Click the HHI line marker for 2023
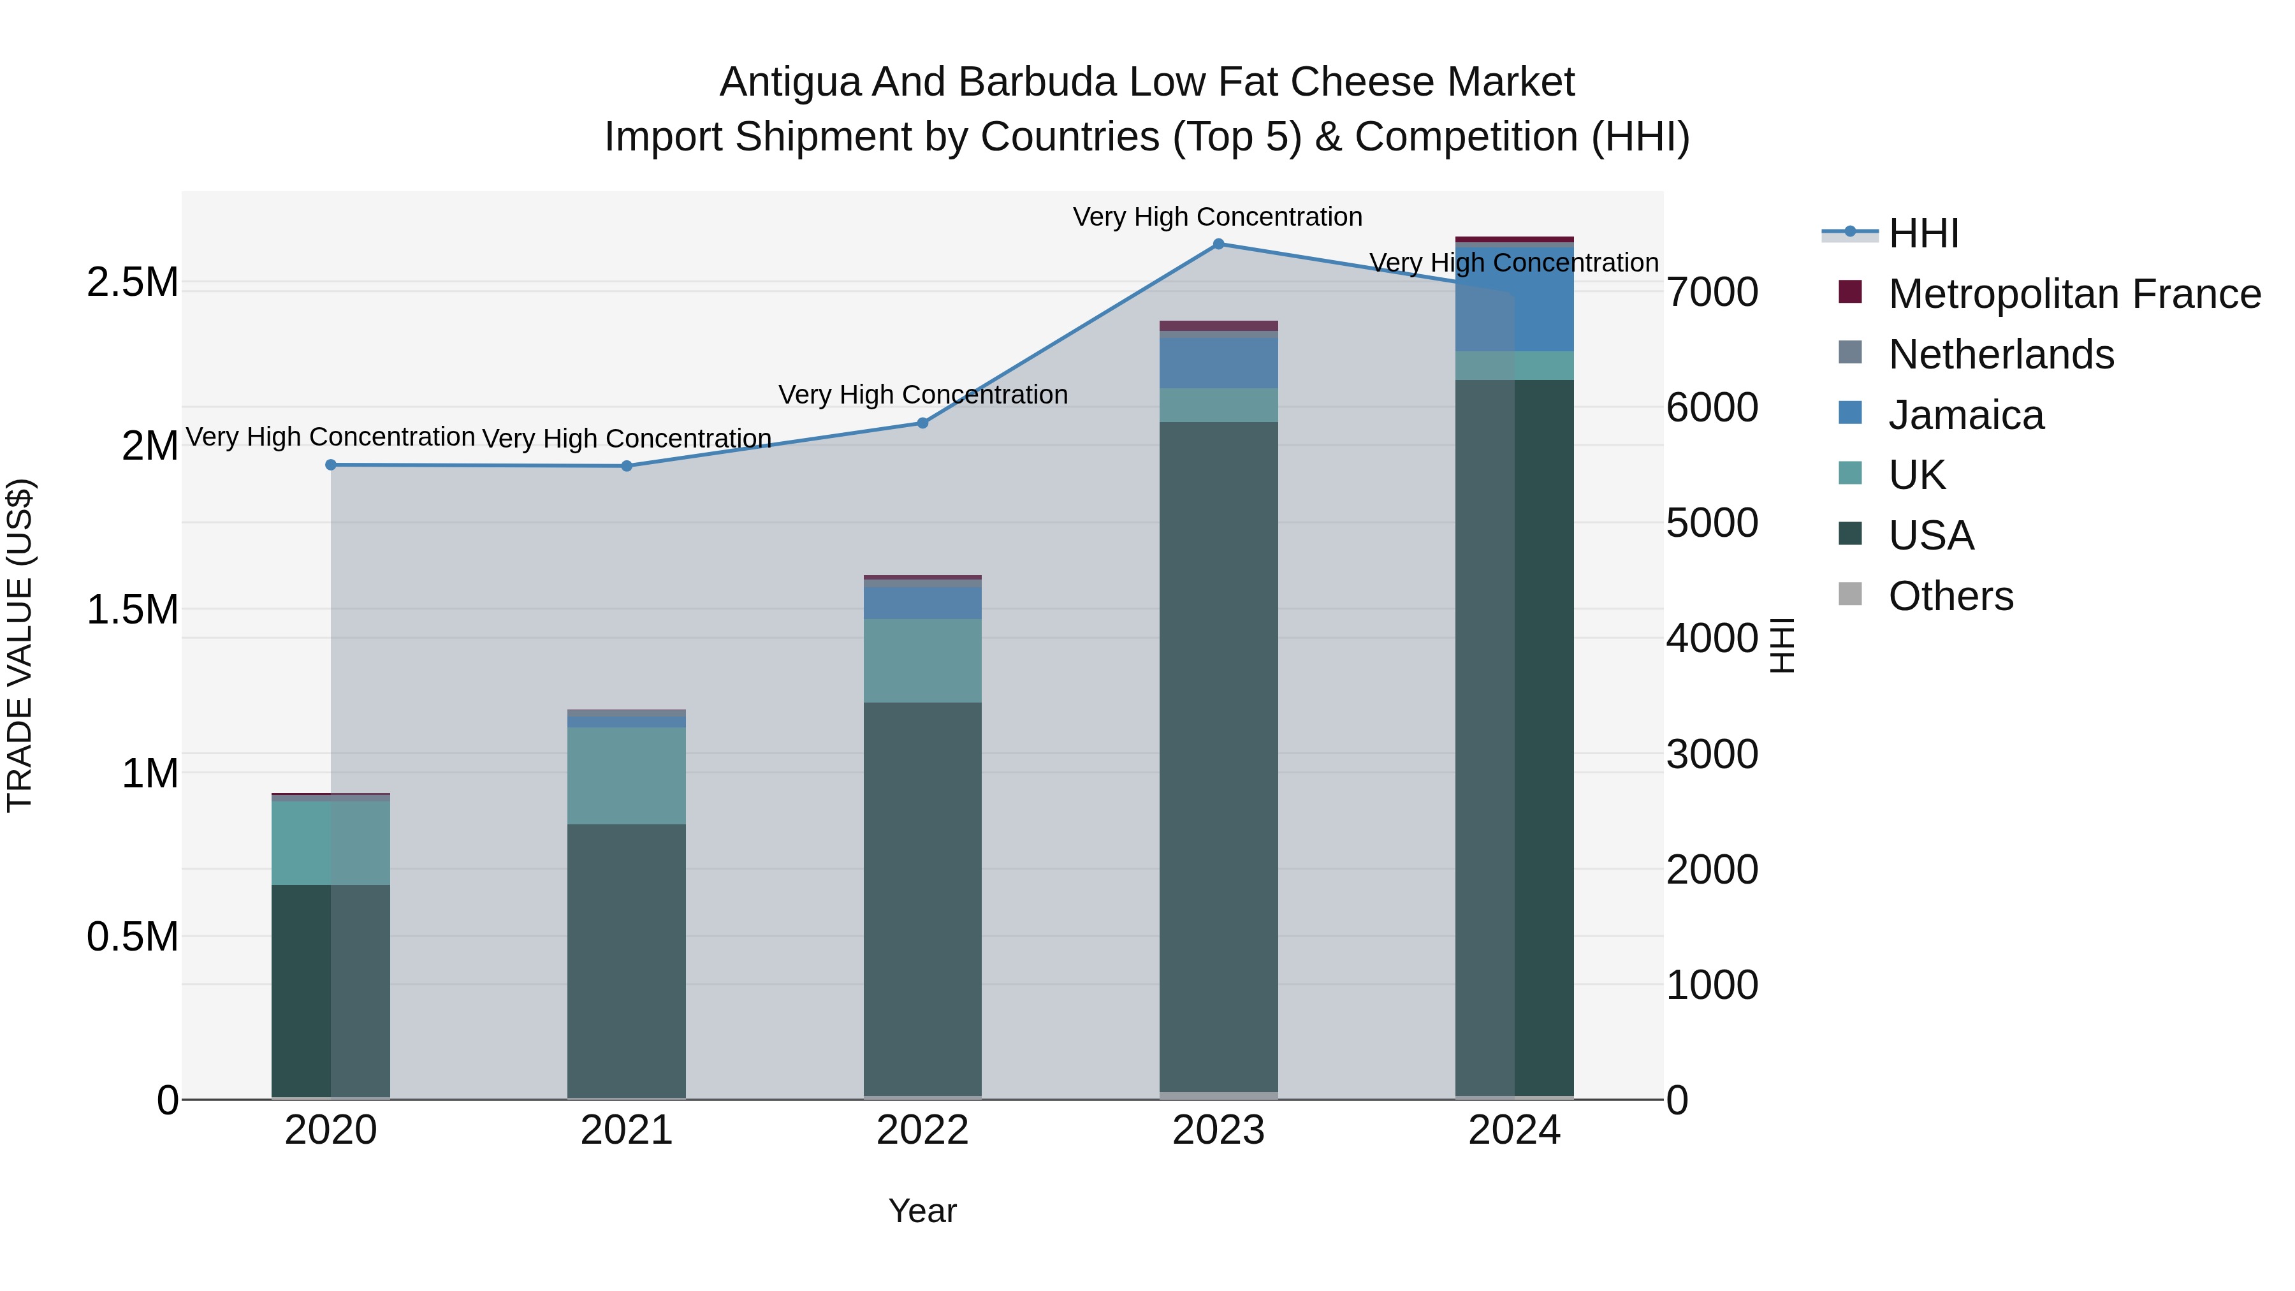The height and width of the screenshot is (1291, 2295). tap(1218, 244)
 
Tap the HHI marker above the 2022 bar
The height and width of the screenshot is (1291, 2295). tap(922, 423)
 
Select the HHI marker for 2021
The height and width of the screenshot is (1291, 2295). tap(626, 466)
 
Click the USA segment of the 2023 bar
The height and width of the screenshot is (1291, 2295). tap(1218, 757)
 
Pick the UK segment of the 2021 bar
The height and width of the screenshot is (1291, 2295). tap(626, 775)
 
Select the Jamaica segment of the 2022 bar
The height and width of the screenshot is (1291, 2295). tap(922, 603)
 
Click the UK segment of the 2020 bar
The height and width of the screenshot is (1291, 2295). tap(330, 842)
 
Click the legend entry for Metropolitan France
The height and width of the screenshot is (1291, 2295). tap(2073, 294)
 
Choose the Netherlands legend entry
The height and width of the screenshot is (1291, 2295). tap(2000, 354)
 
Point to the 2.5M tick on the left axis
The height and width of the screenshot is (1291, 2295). tap(133, 282)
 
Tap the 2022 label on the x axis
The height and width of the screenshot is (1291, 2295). tap(922, 1130)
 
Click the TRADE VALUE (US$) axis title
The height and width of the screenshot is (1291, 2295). tap(20, 645)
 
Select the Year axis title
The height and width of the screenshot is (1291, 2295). tap(922, 1211)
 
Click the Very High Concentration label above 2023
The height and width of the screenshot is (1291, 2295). tap(1217, 217)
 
